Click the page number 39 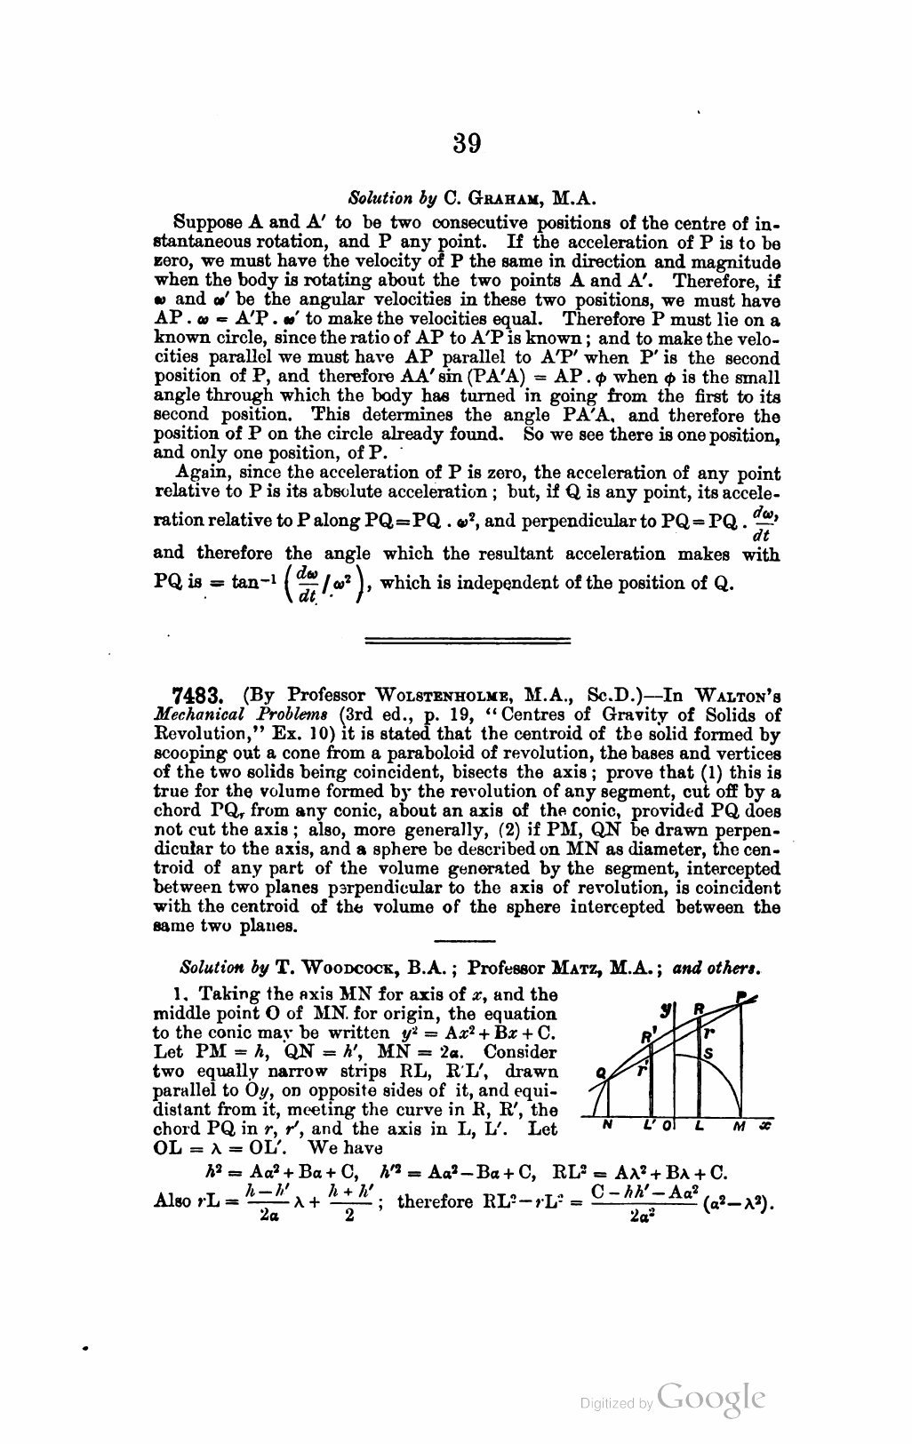(466, 143)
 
